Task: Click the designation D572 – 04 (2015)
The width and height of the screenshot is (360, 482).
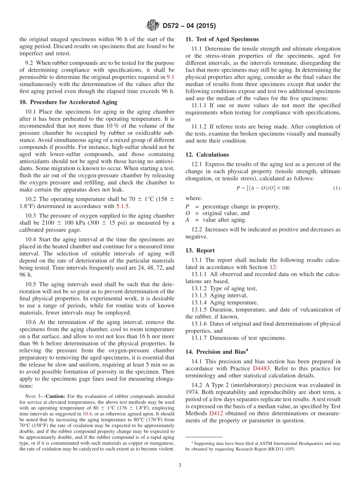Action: click(x=189, y=26)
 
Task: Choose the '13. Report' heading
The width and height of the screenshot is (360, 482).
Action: click(x=200, y=250)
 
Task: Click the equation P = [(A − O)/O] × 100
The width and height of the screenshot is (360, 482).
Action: click(x=263, y=188)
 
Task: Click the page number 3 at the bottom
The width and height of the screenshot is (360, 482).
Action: click(x=180, y=465)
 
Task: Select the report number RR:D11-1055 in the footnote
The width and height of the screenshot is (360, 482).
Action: click(x=278, y=449)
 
